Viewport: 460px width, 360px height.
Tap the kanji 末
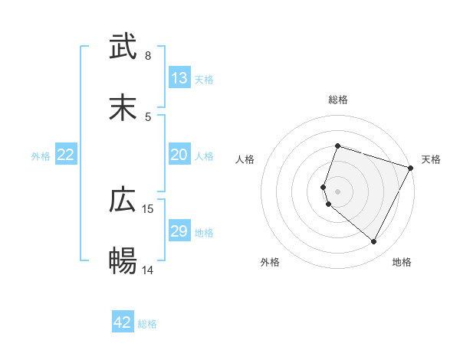tap(123, 108)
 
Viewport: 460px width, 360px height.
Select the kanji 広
tap(123, 200)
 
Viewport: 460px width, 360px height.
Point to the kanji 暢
tap(123, 261)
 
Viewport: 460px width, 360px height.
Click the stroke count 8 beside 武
tap(148, 56)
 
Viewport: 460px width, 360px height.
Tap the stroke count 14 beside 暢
tap(148, 270)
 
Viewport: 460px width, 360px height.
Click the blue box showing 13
tap(179, 78)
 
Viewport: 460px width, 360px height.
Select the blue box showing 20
tap(179, 155)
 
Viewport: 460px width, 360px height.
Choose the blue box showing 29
tap(179, 231)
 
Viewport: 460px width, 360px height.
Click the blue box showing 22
tap(66, 155)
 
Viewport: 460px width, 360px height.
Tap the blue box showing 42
tap(123, 322)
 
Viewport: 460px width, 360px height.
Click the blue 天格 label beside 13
tap(204, 79)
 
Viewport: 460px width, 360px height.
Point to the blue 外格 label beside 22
tap(41, 155)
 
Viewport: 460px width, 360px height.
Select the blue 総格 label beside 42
tap(147, 323)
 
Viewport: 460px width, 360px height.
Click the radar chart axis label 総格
tap(337, 100)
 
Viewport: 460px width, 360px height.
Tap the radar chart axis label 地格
tap(402, 262)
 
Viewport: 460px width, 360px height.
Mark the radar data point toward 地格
tap(373, 241)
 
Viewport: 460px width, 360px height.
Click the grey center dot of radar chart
tap(337, 191)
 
